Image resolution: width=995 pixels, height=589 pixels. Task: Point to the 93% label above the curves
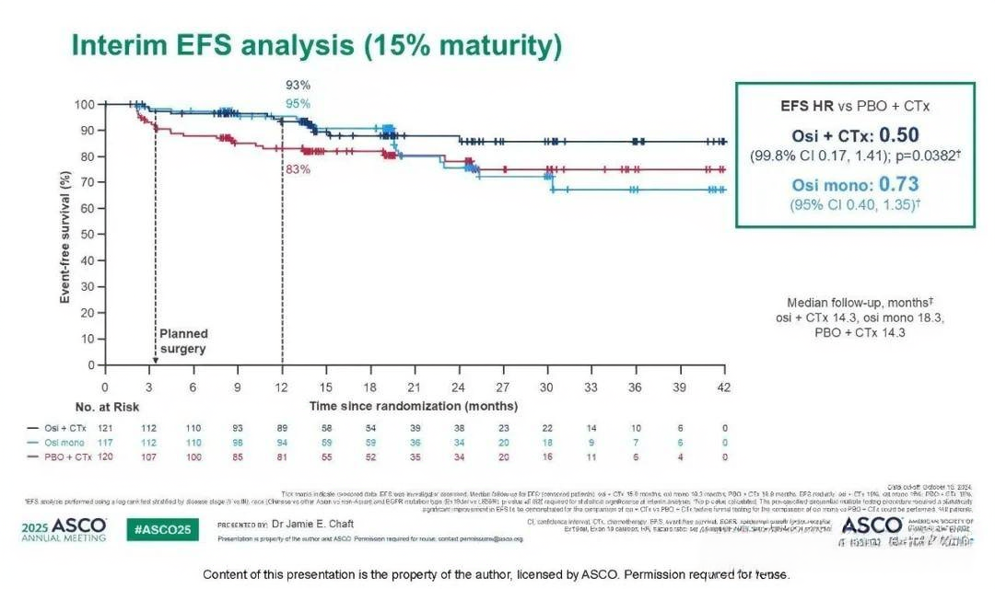pos(298,85)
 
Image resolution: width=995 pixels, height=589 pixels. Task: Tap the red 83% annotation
pos(298,169)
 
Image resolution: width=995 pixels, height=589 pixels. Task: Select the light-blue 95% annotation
pos(298,104)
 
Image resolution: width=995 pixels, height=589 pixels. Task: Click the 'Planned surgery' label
pos(184,341)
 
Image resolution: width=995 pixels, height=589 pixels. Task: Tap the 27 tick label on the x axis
pos(503,387)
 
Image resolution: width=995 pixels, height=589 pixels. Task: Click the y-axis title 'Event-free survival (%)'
pos(66,236)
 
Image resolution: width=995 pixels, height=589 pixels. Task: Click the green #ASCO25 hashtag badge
pos(161,531)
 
